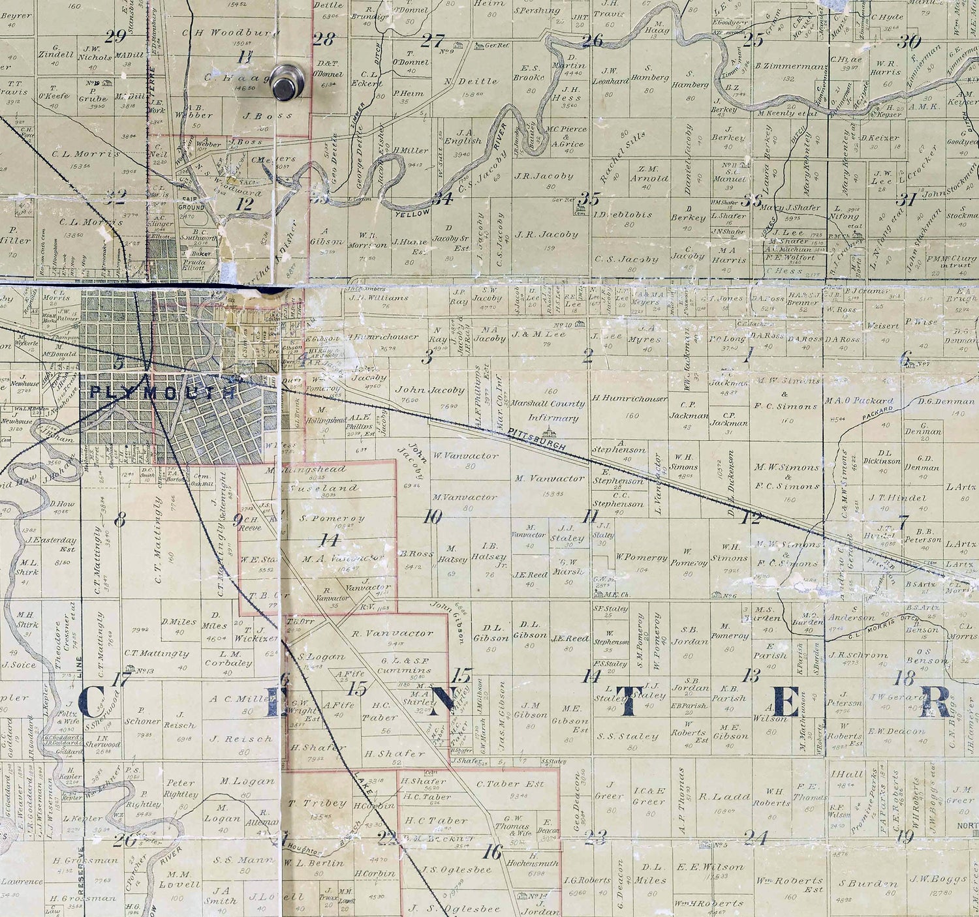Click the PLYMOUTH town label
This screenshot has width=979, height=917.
[x=163, y=392]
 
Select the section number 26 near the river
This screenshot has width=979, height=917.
[x=592, y=40]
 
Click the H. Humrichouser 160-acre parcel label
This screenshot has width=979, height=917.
[x=629, y=398]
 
